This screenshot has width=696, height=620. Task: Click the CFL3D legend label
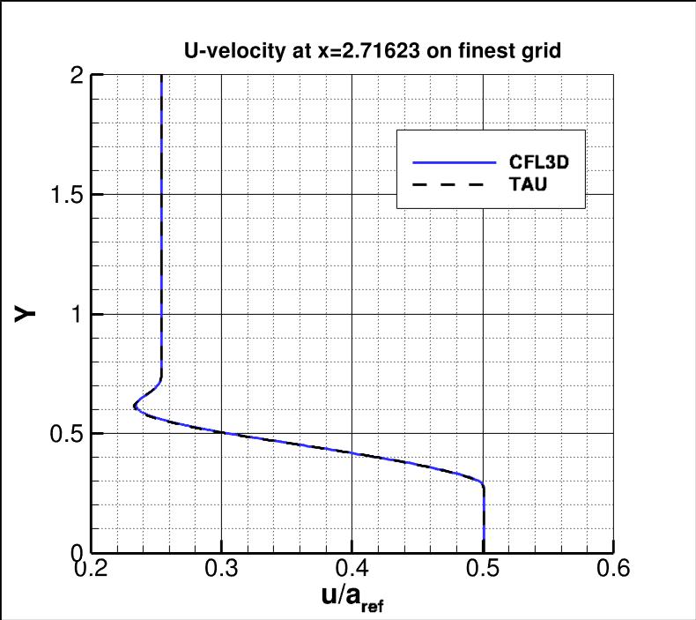536,163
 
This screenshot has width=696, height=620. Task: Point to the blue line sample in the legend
455,163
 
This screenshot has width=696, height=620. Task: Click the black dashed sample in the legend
455,185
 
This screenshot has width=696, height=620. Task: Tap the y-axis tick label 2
78,76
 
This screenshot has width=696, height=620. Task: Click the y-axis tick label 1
78,314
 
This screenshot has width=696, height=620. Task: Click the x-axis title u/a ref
352,599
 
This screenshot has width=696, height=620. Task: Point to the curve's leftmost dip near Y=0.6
135,406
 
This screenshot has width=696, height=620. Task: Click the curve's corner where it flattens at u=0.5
482,483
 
